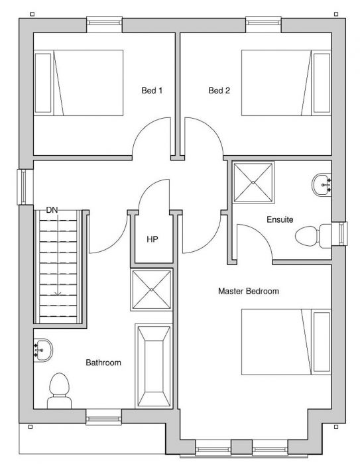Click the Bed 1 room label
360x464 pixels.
[x=152, y=90]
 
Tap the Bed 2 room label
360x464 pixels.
[x=219, y=90]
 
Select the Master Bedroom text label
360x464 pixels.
[x=249, y=291]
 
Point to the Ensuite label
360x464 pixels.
[x=280, y=219]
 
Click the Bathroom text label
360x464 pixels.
[x=103, y=363]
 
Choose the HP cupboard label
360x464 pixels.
[x=152, y=239]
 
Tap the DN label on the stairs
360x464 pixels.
[x=52, y=210]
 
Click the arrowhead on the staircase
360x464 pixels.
[x=58, y=294]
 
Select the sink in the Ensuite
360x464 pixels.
[x=322, y=185]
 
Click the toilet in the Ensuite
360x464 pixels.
[x=313, y=236]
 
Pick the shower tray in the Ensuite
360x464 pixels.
[x=253, y=182]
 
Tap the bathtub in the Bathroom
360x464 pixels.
[x=154, y=366]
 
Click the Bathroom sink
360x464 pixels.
[x=43, y=350]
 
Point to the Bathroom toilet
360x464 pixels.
[x=59, y=391]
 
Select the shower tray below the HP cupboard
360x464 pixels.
[x=152, y=290]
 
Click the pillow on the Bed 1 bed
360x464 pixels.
[x=43, y=83]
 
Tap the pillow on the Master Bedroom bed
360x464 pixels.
[x=322, y=342]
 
